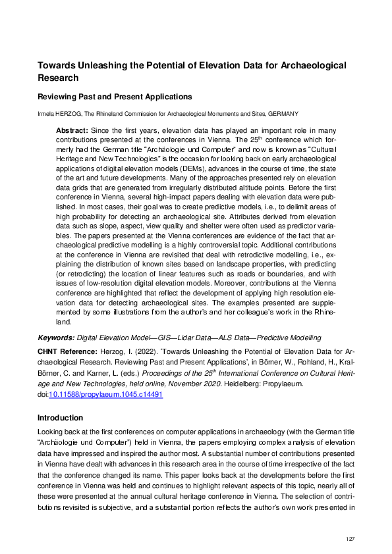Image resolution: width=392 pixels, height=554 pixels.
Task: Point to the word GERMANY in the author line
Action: (x=285, y=114)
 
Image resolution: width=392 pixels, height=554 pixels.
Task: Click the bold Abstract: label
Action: (x=72, y=131)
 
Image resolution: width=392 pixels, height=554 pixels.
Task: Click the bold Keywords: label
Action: (x=56, y=337)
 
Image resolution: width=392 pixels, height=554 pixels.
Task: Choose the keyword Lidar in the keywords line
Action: (x=174, y=337)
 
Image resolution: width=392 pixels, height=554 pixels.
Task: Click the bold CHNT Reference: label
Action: (x=67, y=352)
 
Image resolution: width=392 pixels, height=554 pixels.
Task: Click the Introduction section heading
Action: (x=60, y=418)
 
